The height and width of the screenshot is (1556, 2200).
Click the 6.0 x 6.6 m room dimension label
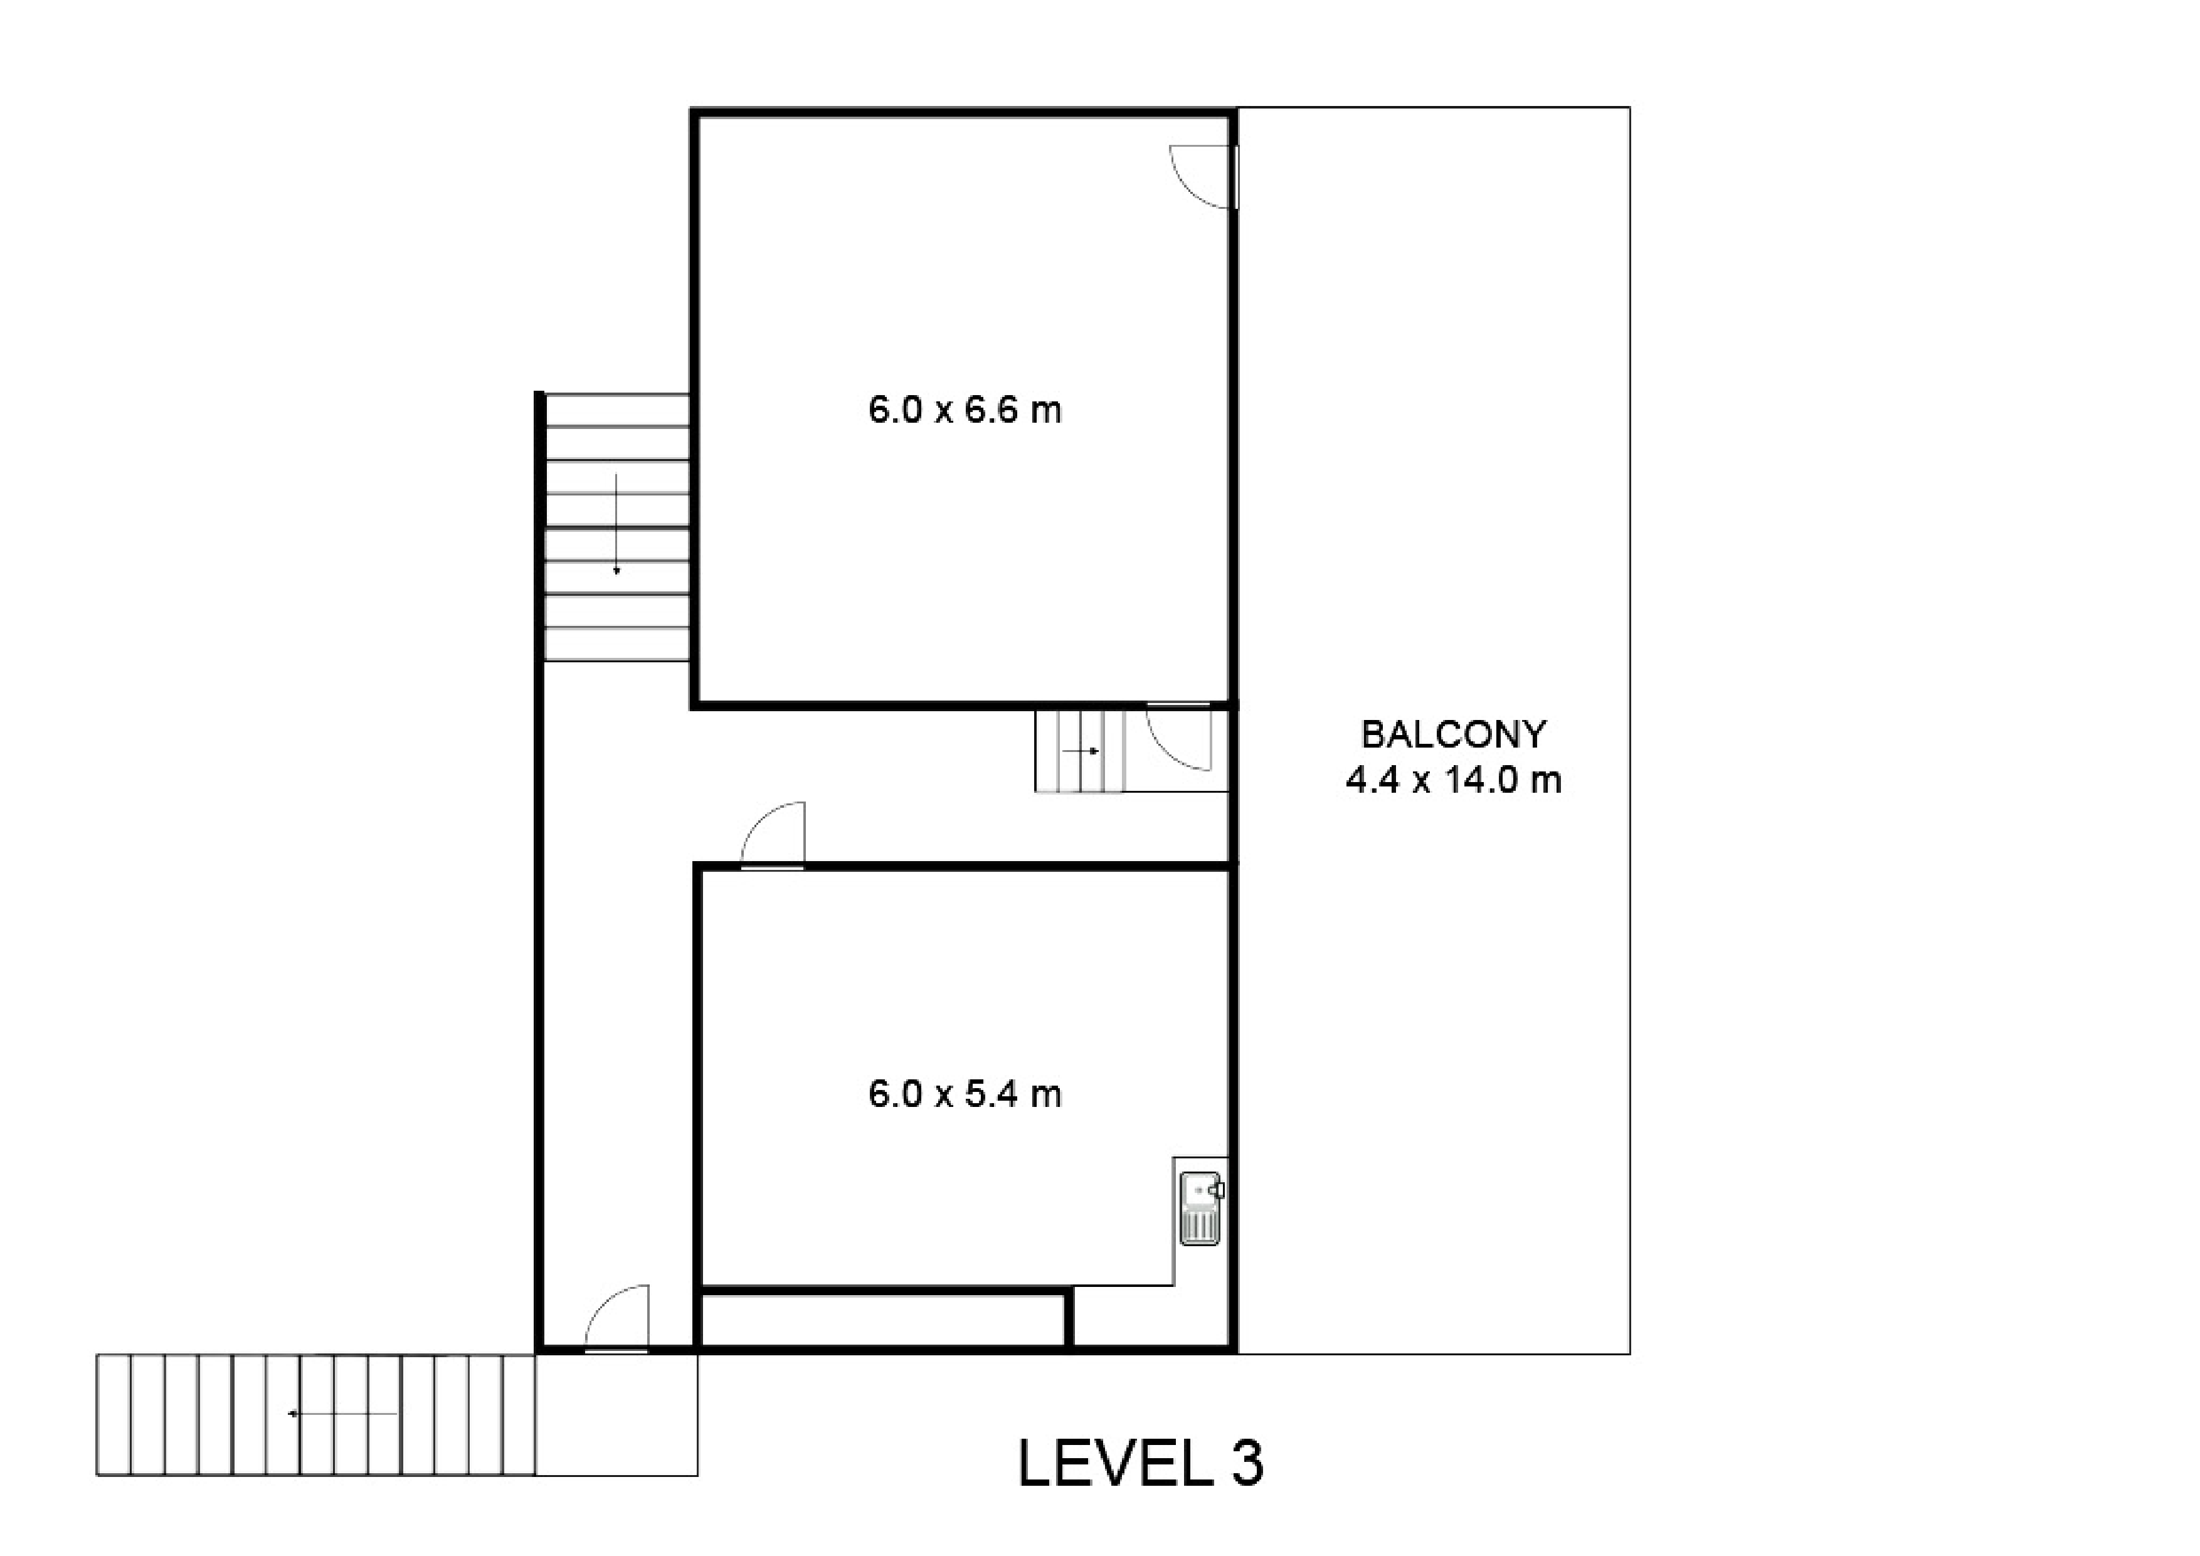pyautogui.click(x=965, y=410)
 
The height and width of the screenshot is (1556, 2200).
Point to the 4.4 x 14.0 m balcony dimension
pyautogui.click(x=1454, y=780)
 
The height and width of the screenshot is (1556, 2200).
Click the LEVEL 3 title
pyautogui.click(x=1140, y=1463)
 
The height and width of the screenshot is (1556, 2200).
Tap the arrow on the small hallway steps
pyautogui.click(x=1081, y=751)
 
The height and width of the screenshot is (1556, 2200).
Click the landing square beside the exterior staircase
pyautogui.click(x=616, y=1414)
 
